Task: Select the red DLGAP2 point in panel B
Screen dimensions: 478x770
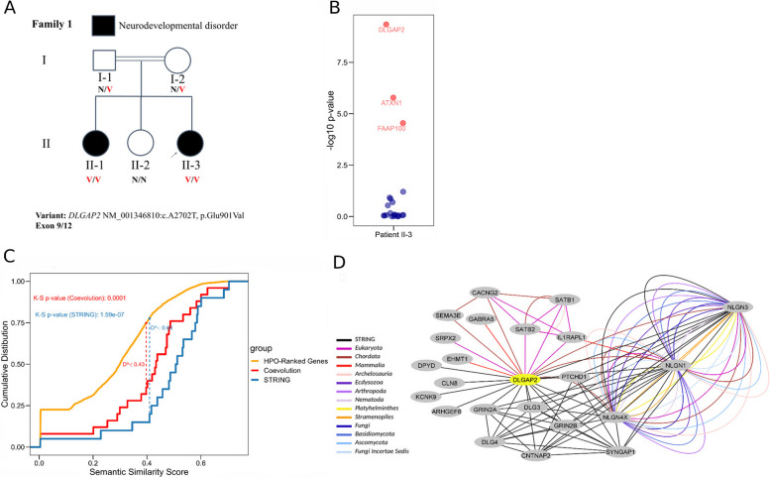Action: pos(385,24)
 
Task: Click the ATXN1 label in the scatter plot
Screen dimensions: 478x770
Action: pos(390,102)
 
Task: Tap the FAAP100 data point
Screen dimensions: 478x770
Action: pos(403,123)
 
